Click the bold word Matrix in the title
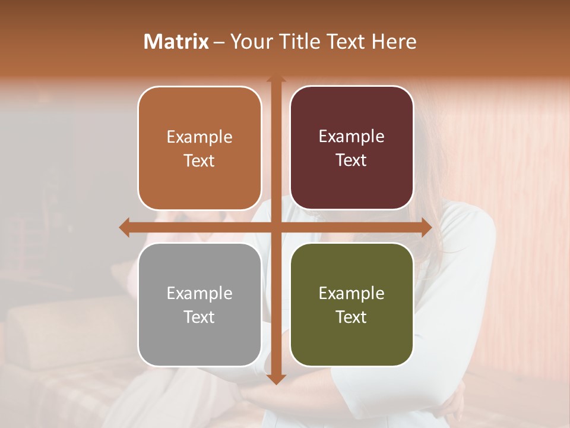176,42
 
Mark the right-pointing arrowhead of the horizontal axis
426,227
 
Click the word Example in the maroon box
351,137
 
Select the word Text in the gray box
199,317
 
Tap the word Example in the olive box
351,293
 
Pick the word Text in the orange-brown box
199,160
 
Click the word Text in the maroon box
351,160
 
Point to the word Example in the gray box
199,293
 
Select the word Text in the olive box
351,317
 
